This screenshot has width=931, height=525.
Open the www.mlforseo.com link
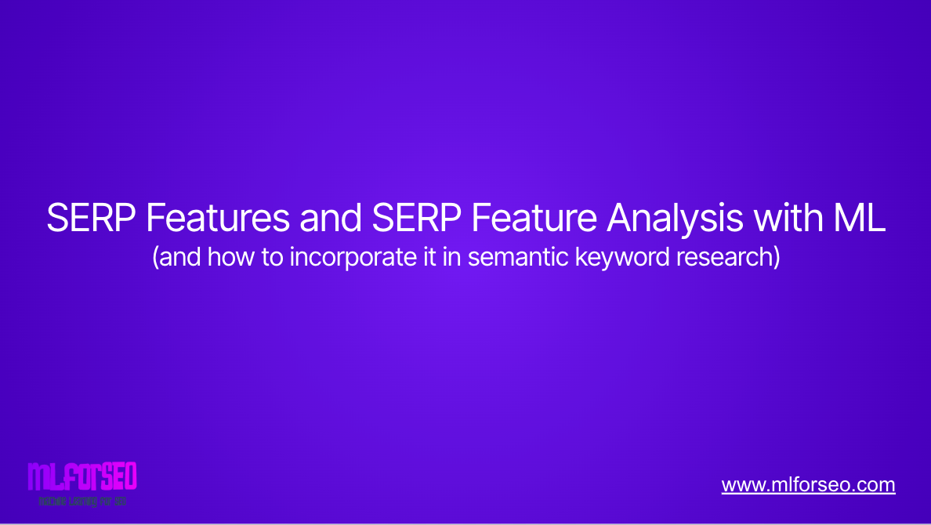pyautogui.click(x=808, y=485)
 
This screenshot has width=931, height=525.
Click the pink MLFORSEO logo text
pyautogui.click(x=82, y=476)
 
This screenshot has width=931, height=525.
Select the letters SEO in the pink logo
pyautogui.click(x=119, y=476)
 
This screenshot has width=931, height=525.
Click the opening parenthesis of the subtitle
pyautogui.click(x=155, y=258)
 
